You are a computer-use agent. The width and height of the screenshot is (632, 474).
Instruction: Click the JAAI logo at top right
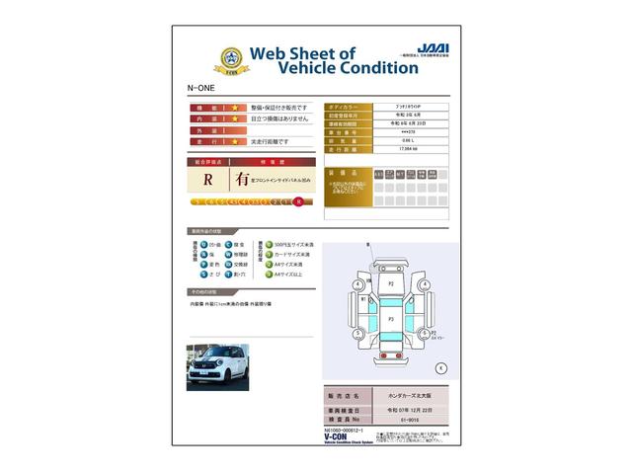point(432,47)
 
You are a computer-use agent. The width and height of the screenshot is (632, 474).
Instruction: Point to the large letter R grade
point(208,180)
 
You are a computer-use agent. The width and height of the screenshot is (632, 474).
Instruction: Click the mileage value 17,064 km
point(408,148)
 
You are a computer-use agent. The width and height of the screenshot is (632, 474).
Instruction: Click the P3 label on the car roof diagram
point(391,320)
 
